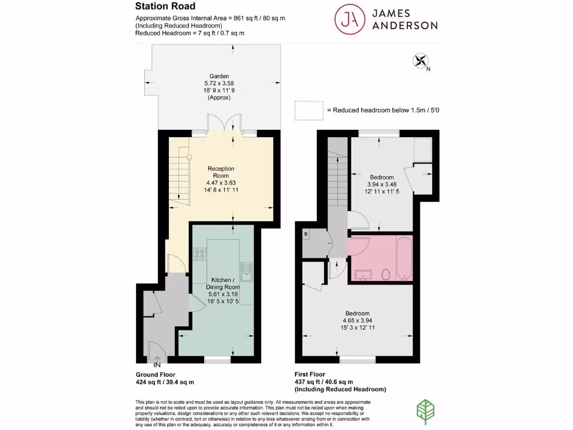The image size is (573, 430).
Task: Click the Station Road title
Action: pyautogui.click(x=165, y=7)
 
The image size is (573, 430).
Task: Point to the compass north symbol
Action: pyautogui.click(x=420, y=60)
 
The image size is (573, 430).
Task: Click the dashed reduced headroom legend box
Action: pyautogui.click(x=309, y=110)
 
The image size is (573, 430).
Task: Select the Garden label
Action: pyautogui.click(x=219, y=76)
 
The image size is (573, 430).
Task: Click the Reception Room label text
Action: pyautogui.click(x=221, y=172)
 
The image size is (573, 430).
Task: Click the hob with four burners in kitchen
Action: pyautogui.click(x=200, y=254)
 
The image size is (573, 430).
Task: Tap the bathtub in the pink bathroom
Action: pyautogui.click(x=403, y=258)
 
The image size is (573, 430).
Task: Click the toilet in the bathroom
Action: pyautogui.click(x=385, y=274)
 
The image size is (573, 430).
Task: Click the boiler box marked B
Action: pyautogui.click(x=306, y=234)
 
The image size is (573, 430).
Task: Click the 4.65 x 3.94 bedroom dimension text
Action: pyautogui.click(x=357, y=321)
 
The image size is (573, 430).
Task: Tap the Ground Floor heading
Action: pyautogui.click(x=156, y=375)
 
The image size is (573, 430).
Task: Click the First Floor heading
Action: pyautogui.click(x=309, y=375)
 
